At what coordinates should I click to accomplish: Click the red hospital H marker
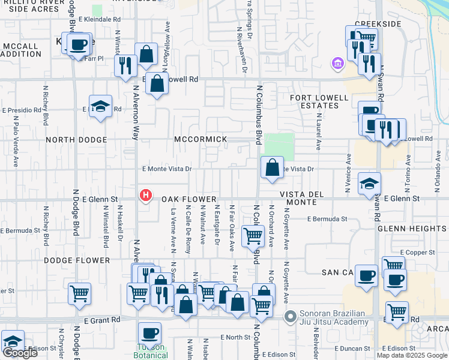(x=145, y=196)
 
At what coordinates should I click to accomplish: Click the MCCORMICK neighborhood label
(x=200, y=139)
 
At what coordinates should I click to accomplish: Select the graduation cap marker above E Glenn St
(x=369, y=184)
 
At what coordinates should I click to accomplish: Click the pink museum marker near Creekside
(x=337, y=62)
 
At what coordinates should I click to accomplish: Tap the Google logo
(x=20, y=353)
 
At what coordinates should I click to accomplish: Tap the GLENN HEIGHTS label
(x=412, y=229)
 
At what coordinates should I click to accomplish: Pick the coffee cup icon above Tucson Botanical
(x=149, y=332)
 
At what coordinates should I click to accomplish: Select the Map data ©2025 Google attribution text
(x=412, y=355)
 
